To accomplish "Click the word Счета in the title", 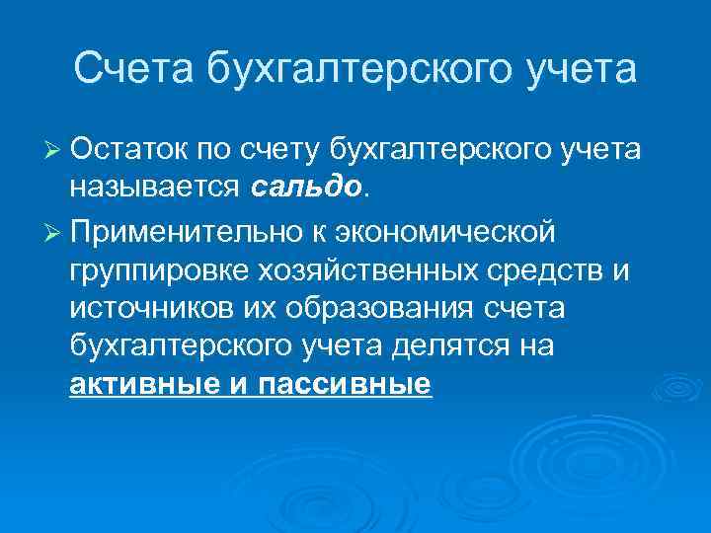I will pos(133,70).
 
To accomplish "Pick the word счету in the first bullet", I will pos(287,150).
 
